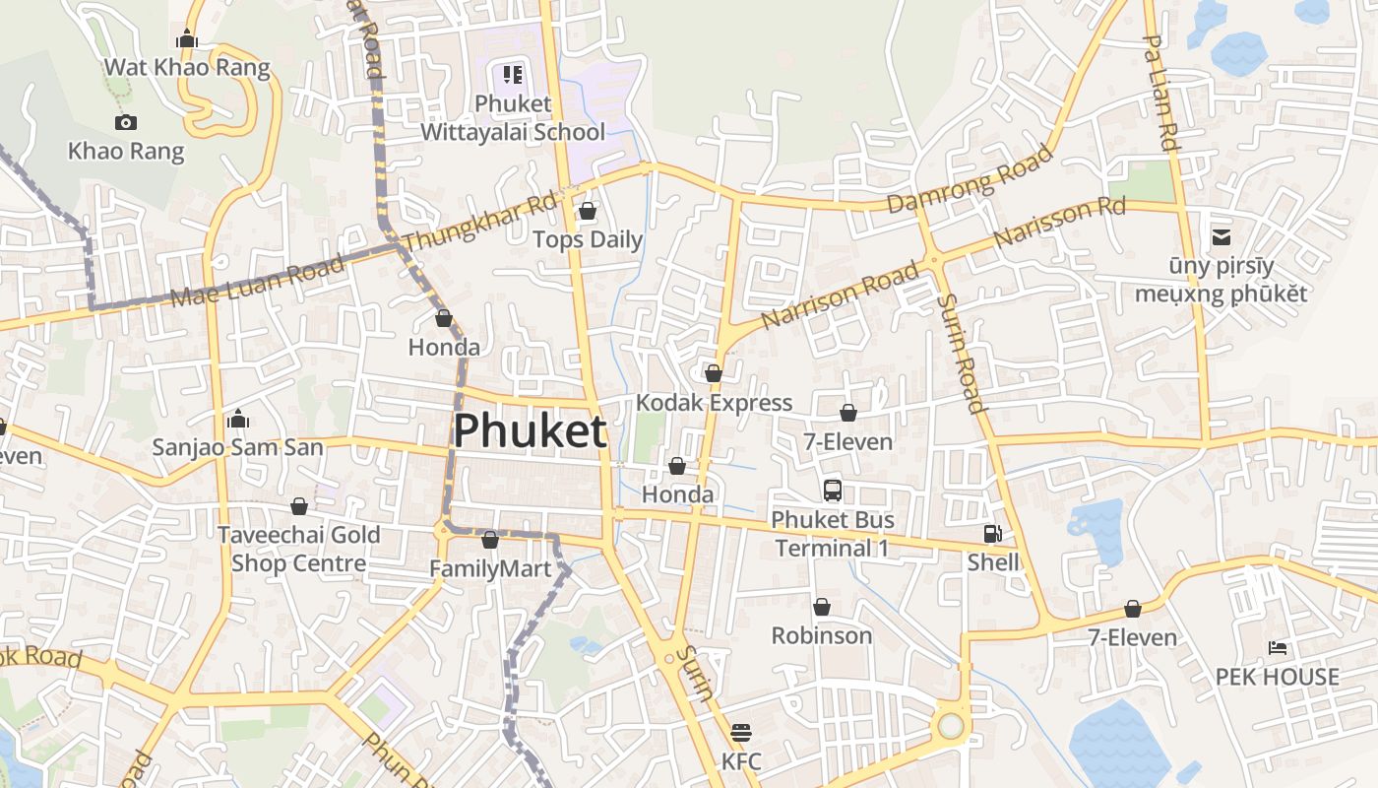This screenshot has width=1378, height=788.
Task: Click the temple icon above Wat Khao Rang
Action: click(187, 39)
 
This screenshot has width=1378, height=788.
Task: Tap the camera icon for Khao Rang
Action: click(126, 123)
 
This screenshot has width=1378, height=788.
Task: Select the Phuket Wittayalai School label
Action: click(513, 117)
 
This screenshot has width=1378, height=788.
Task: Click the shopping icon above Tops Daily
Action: click(588, 211)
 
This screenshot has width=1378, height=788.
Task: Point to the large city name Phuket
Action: click(530, 431)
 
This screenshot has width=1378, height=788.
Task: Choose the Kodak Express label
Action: click(714, 403)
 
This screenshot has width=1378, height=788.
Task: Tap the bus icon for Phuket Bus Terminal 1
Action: click(833, 490)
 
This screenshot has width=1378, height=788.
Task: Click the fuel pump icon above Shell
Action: click(993, 534)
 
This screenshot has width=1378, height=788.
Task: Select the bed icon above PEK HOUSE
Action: click(1278, 648)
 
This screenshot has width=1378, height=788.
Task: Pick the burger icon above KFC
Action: click(741, 733)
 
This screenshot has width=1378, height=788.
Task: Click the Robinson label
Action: click(822, 635)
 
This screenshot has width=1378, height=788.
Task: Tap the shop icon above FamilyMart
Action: click(490, 540)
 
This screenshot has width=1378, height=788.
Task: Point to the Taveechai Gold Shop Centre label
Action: click(298, 549)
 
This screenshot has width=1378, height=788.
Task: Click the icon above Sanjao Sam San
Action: click(237, 420)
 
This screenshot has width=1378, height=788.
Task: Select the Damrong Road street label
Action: click(970, 179)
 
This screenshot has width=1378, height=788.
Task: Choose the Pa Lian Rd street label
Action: click(1161, 94)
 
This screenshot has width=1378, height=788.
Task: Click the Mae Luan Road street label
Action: click(258, 280)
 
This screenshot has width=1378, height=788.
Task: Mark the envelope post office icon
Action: click(1221, 236)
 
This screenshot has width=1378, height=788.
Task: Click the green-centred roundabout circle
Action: click(950, 726)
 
